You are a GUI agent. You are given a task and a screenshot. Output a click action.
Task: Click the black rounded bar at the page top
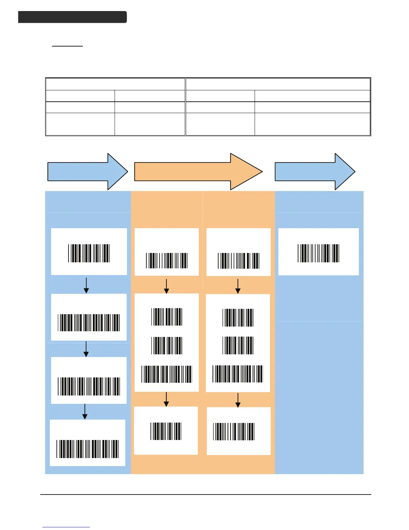tap(73, 17)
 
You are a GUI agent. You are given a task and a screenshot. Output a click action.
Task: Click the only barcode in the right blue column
tap(318, 253)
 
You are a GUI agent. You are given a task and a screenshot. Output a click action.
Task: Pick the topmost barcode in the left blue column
tap(89, 253)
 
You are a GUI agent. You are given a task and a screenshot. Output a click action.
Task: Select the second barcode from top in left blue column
tap(89, 323)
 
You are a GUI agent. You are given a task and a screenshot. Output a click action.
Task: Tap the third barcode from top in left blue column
tap(89, 386)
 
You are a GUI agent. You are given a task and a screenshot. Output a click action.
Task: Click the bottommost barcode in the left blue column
tap(88, 449)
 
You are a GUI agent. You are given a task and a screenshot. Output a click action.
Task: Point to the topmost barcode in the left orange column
tap(166, 261)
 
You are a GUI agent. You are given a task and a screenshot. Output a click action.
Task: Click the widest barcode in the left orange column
tap(166, 374)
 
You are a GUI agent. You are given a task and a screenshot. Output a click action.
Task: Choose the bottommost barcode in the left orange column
tap(166, 431)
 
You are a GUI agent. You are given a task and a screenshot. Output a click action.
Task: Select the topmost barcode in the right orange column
tap(238, 261)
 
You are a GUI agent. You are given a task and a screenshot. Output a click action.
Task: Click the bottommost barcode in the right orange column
tap(234, 432)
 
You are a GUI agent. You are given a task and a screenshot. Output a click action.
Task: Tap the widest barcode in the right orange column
tap(238, 374)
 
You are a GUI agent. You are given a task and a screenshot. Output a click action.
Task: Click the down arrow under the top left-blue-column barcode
tap(86, 285)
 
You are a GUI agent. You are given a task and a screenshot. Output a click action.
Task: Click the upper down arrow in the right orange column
tap(238, 286)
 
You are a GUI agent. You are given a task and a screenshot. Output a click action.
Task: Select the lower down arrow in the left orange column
tap(166, 399)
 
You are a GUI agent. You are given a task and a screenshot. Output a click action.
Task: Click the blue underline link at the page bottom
tap(66, 527)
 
